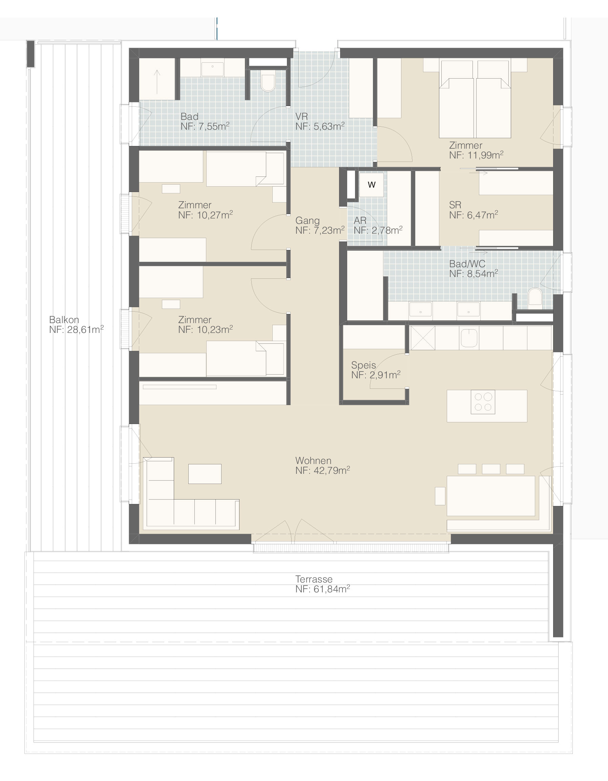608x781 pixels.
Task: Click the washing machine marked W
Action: pos(372,185)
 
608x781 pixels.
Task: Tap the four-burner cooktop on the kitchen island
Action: pos(483,402)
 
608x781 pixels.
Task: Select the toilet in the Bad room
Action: pos(268,82)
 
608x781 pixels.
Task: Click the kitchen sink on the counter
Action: pos(469,338)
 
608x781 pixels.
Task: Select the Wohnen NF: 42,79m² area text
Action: pos(322,465)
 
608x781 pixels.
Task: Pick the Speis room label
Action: pos(363,365)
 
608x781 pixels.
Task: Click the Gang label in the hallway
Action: pos(307,220)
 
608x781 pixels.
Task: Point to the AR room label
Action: pos(360,220)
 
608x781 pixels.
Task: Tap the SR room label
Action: pos(455,205)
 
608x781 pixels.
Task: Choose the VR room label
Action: pos(301,116)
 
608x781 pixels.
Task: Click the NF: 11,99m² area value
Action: pos(476,155)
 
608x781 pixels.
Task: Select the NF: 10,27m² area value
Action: pos(205,215)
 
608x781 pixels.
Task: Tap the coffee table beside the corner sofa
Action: pos(205,474)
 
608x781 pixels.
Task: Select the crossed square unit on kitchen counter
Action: pos(422,338)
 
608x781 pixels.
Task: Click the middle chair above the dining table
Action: pos(491,469)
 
